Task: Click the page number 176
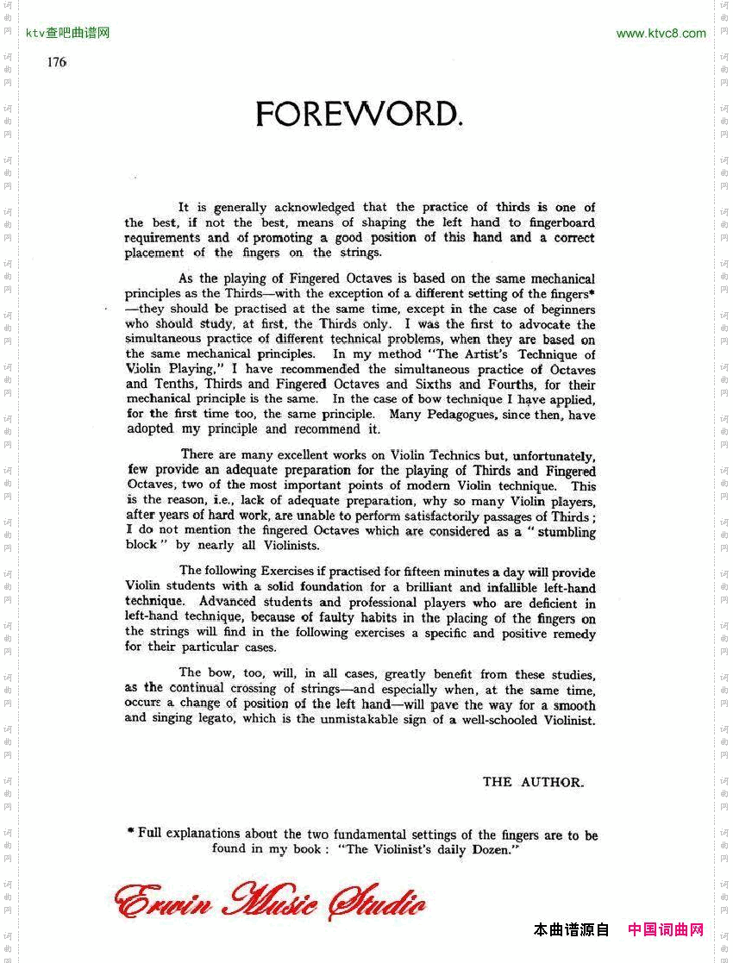(57, 62)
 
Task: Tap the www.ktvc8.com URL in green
(661, 34)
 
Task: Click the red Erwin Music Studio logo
(270, 902)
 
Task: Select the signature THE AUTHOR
(533, 782)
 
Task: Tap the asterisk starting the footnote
(130, 832)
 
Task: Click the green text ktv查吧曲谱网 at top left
(68, 34)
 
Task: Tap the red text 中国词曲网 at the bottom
(666, 929)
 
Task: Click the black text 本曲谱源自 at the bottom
(571, 929)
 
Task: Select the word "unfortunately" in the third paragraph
(555, 455)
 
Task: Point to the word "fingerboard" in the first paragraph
(561, 222)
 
